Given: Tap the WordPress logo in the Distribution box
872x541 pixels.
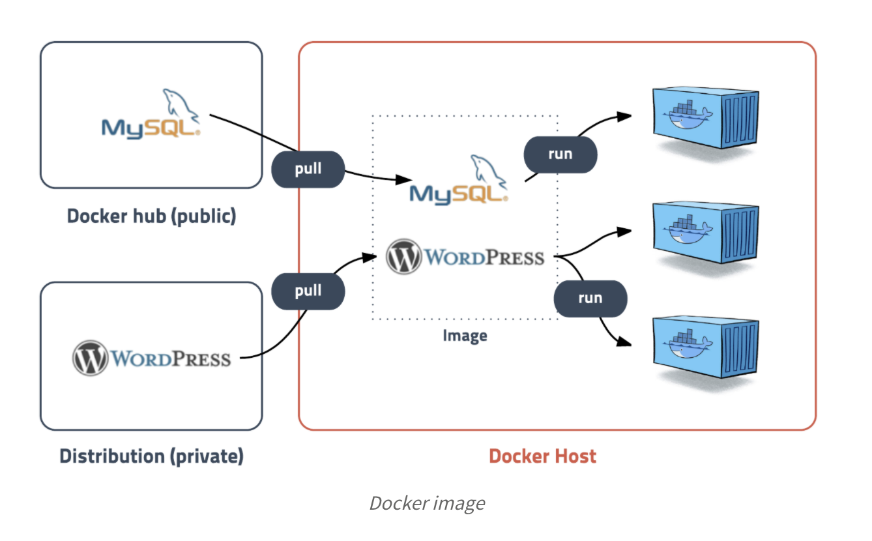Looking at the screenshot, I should (x=151, y=358).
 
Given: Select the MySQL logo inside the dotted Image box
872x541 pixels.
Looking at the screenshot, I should (x=459, y=182).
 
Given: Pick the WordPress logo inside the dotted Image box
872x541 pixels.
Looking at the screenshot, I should (x=465, y=256).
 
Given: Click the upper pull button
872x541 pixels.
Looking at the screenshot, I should (x=308, y=169).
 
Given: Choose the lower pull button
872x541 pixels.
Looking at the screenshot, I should (x=308, y=291).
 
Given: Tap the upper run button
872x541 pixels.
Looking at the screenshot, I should (x=560, y=154).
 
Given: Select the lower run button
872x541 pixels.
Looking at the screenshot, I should (x=590, y=299).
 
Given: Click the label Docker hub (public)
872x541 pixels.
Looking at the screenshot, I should (x=151, y=216).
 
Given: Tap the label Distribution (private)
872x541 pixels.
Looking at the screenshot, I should (x=151, y=456).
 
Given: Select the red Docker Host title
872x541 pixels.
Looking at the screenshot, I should (x=542, y=456).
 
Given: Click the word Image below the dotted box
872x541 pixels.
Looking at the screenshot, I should (x=465, y=336).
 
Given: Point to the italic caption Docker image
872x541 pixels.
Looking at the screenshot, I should (x=427, y=503).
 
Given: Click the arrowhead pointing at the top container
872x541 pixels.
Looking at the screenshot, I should (x=625, y=115).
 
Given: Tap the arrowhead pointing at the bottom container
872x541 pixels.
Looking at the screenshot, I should (x=625, y=342).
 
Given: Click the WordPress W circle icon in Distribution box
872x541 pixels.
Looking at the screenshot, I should (x=89, y=358).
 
